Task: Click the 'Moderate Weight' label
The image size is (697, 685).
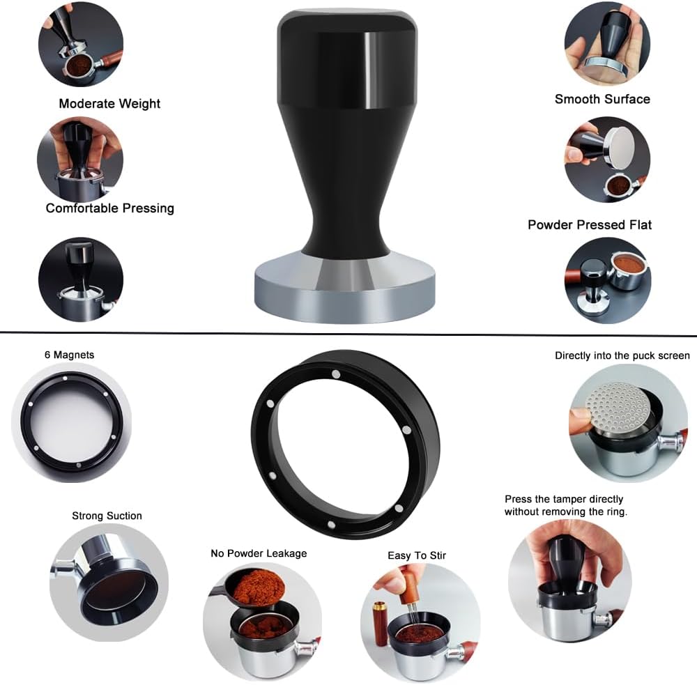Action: pos(109,104)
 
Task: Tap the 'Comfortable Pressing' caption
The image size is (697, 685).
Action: pos(109,208)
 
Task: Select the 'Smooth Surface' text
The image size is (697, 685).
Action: pos(602,99)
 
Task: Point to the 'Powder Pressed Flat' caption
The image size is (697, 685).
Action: pos(590,224)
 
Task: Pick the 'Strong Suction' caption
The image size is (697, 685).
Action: pos(107,516)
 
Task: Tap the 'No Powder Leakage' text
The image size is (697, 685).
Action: pos(259,553)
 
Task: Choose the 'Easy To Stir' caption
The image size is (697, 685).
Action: pos(417,555)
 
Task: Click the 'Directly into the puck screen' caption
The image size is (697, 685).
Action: pos(622,355)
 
